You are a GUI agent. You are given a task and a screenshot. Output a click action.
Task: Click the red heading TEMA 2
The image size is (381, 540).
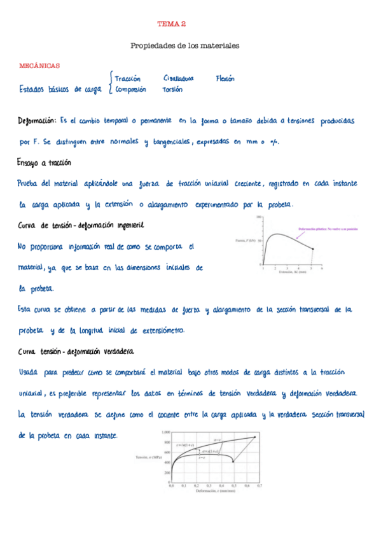[172, 24]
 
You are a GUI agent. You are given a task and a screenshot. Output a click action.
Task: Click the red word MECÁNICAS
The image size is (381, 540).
[39, 65]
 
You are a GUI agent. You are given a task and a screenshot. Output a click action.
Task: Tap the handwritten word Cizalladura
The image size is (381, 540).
[179, 78]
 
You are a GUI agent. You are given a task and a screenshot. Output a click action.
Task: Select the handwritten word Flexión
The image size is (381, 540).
[225, 78]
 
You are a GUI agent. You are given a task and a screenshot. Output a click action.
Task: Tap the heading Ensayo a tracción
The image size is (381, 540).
[44, 163]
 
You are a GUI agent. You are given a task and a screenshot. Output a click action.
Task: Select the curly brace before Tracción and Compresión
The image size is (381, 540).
[111, 83]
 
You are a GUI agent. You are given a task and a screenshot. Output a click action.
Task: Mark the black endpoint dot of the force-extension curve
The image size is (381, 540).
[312, 248]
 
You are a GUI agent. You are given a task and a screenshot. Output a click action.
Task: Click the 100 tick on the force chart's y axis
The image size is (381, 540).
[259, 217]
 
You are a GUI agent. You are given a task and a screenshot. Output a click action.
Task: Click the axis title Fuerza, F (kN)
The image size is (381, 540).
[245, 241]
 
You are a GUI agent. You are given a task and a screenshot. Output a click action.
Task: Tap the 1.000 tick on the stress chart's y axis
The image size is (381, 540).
[164, 432]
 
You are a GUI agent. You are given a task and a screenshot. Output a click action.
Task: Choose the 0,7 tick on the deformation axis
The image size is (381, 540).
[260, 485]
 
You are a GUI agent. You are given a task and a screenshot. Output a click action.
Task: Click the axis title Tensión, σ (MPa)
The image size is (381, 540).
[147, 457]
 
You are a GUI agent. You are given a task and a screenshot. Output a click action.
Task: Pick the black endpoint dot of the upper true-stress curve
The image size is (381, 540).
[255, 437]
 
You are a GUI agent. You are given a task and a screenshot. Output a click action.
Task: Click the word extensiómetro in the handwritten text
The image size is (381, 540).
[162, 330]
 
